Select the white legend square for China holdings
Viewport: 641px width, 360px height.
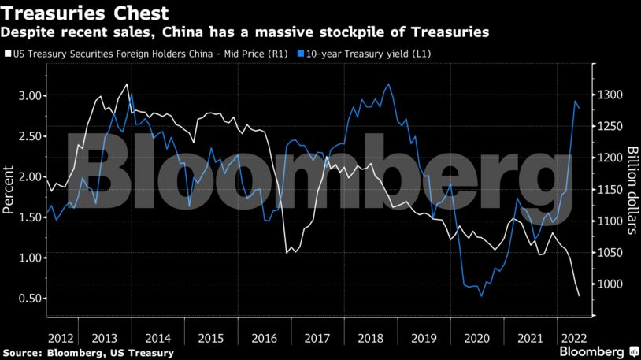7,54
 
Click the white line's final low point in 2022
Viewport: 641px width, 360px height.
579,295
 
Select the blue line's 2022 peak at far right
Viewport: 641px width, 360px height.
576,101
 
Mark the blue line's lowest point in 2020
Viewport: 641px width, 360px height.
482,296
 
